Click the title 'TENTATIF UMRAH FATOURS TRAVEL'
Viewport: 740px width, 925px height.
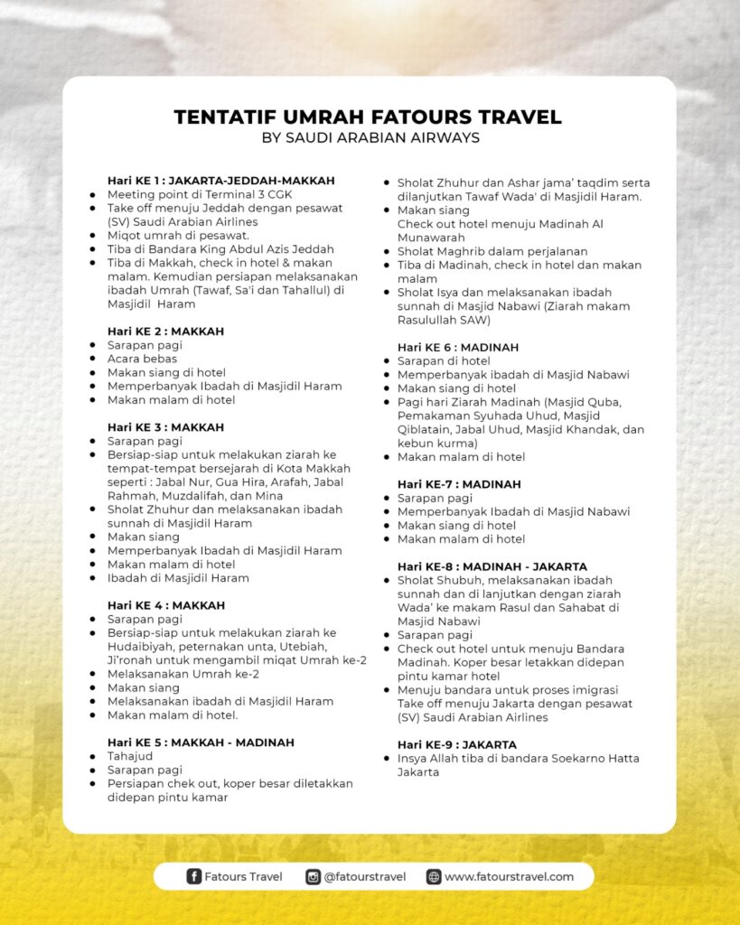click(x=368, y=117)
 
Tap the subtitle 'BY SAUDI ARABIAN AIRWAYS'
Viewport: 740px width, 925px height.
click(x=370, y=138)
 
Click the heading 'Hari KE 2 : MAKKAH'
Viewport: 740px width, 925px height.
click(x=165, y=332)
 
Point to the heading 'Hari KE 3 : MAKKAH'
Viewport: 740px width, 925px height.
click(x=165, y=427)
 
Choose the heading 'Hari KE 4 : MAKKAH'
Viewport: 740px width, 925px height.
click(x=165, y=605)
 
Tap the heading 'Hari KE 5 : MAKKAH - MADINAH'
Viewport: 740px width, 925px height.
click(x=201, y=743)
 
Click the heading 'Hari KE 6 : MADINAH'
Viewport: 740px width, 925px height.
click(x=457, y=347)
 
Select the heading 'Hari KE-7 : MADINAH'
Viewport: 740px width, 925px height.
click(x=458, y=484)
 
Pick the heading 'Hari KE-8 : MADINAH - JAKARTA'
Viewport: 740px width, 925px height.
click(x=492, y=566)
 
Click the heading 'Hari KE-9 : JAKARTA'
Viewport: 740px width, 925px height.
click(x=456, y=744)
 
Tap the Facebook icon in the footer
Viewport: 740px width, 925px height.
click(x=193, y=876)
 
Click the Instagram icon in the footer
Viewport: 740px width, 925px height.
click(x=313, y=876)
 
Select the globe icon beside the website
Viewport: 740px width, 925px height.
click(x=434, y=876)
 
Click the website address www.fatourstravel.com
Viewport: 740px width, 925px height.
click(x=509, y=876)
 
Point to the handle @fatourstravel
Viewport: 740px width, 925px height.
click(x=365, y=876)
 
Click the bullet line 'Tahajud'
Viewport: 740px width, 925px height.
click(x=130, y=756)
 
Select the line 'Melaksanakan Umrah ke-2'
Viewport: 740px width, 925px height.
click(x=183, y=674)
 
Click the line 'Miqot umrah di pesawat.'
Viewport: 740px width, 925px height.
click(x=165, y=235)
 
